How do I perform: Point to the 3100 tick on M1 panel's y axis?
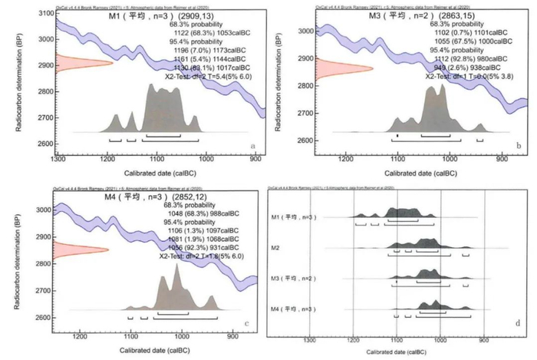[45, 15]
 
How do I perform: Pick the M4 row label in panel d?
[292, 309]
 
